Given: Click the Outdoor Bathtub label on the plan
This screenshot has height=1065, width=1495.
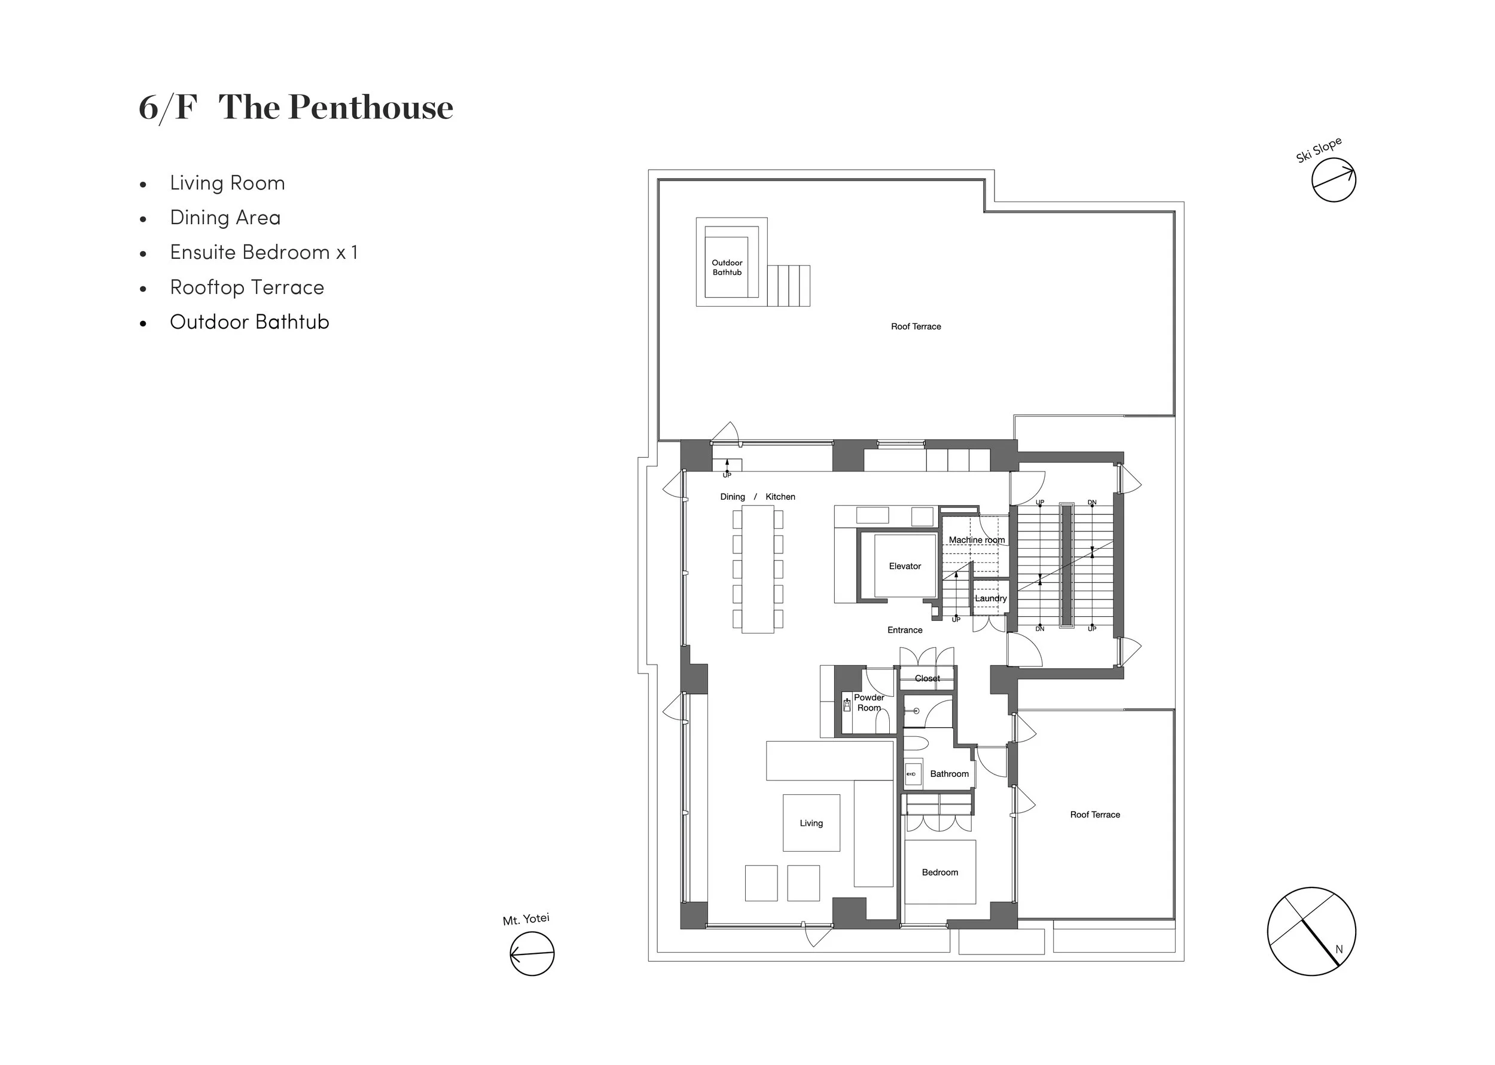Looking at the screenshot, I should point(727,267).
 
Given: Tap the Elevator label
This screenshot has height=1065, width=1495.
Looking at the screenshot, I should point(905,566).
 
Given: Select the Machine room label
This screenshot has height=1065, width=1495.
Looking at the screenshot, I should point(976,540).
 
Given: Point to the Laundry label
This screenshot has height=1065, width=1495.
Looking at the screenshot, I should point(990,598).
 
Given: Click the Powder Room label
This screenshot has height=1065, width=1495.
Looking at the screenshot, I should point(868,702).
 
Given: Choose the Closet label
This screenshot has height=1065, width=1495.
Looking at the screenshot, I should point(927,678).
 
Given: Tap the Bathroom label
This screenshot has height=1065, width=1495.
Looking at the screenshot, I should point(948,774).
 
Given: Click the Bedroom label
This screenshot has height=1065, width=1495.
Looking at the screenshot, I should point(939,872).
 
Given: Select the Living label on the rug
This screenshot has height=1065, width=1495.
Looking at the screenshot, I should point(811,823).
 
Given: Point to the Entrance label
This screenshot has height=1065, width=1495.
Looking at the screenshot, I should point(905,629).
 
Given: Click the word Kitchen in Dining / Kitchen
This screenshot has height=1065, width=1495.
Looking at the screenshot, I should point(780,497).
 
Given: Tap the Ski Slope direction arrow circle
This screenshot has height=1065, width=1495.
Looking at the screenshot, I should point(1333,180).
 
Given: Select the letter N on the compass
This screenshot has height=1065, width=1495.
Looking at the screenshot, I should point(1339,949).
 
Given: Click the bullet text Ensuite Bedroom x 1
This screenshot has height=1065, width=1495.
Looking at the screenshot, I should point(264,252).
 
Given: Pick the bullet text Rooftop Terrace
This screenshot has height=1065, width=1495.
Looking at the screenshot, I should point(246,287).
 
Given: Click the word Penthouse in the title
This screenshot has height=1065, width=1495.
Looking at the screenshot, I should point(371,107).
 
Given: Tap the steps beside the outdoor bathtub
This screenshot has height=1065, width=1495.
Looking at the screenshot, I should point(789,285).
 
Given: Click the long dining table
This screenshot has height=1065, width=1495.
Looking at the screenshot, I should point(758,568).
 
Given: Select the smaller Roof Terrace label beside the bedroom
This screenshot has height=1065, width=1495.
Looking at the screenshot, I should point(1094,815).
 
